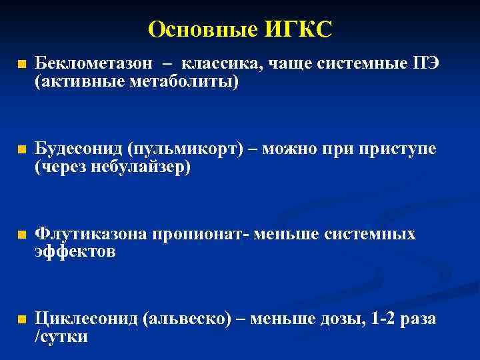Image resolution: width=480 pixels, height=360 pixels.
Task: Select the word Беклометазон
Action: [95, 63]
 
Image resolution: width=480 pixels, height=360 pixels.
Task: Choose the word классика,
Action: [223, 63]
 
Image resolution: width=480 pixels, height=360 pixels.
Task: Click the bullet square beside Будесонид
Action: [22, 151]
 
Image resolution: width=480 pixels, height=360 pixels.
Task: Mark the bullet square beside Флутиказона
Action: [22, 236]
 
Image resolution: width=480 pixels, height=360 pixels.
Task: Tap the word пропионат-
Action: [204, 234]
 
